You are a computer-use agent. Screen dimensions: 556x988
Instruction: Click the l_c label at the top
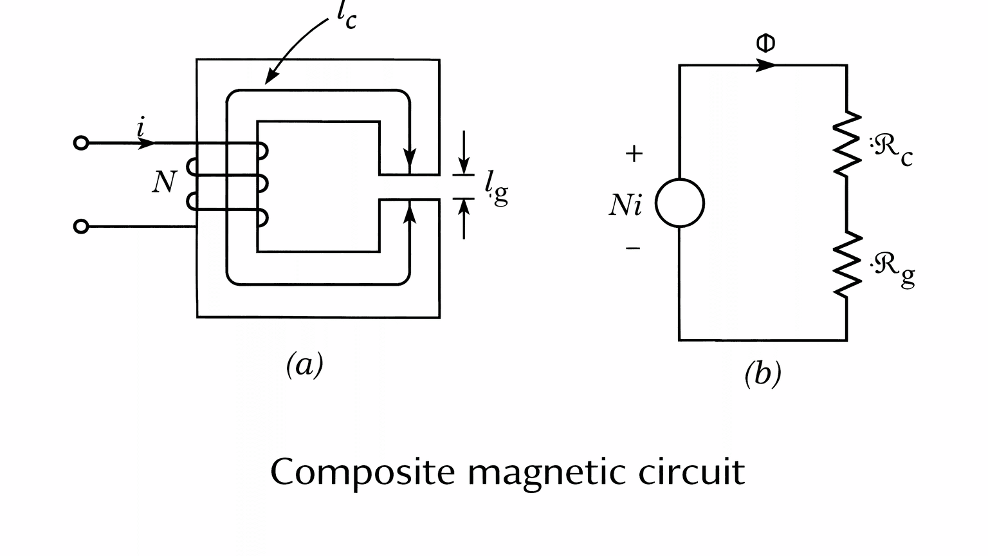coord(345,16)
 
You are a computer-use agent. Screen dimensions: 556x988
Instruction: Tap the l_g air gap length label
coord(495,188)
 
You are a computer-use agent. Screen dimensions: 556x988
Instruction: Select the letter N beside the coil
coord(163,182)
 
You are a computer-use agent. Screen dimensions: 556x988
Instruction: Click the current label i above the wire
coord(140,127)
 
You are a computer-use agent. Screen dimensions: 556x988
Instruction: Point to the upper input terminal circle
coord(81,143)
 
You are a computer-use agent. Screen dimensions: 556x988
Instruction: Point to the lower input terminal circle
coord(81,227)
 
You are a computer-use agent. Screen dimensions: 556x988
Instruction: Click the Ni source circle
coord(680,203)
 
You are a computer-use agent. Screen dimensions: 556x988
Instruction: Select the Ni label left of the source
coord(625,205)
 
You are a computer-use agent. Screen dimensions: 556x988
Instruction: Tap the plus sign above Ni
coord(634,154)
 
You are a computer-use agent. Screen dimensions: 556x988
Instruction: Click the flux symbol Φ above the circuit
coord(765,43)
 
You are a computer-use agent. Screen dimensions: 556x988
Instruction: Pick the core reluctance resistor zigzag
coord(846,144)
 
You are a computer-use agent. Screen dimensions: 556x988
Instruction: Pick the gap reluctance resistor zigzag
coord(846,264)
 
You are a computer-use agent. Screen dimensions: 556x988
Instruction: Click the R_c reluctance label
coord(892,150)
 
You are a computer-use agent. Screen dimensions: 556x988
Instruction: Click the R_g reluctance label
coord(893,269)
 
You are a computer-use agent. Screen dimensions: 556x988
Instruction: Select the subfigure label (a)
coord(304,365)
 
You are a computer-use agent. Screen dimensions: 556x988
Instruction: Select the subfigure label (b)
coord(762,373)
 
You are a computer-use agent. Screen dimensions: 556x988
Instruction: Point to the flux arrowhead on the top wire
coord(765,65)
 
